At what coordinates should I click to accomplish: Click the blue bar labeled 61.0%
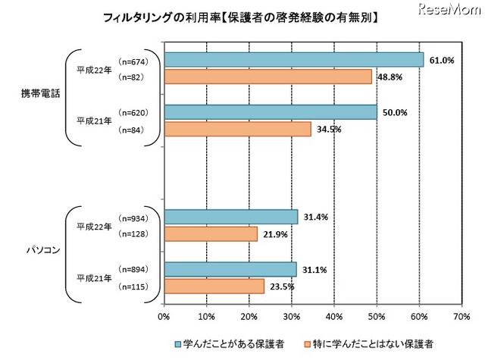[293, 60]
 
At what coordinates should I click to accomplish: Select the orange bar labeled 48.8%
[268, 77]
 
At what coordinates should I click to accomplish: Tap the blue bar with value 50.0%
[271, 112]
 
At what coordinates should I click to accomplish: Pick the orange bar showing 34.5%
[237, 129]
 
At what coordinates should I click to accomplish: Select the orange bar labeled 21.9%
[210, 234]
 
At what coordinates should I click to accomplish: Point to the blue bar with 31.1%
[230, 269]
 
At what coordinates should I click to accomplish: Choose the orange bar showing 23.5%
[214, 286]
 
